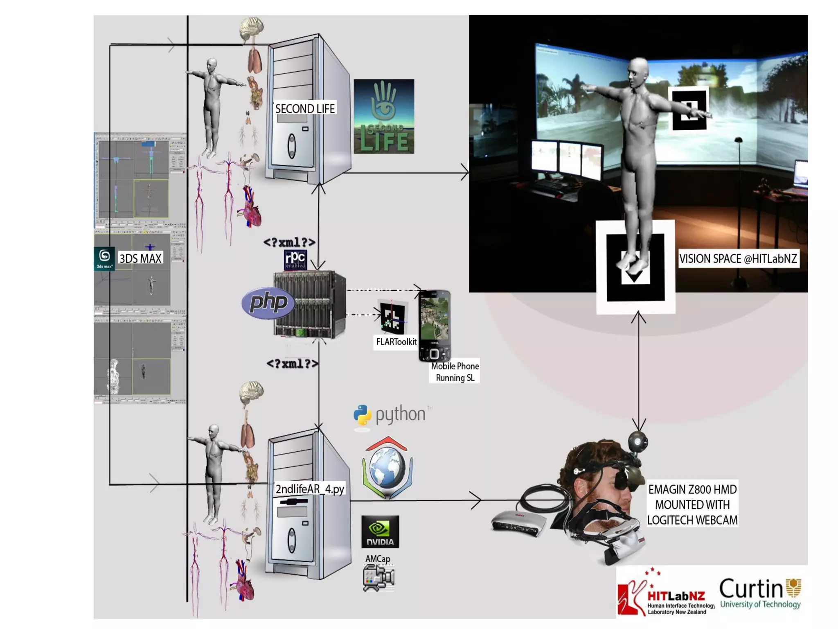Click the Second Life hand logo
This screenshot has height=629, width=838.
coord(383,116)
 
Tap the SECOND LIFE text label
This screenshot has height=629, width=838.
coord(305,109)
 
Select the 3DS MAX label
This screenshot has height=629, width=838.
coord(140,258)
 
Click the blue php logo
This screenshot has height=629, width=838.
coord(268,303)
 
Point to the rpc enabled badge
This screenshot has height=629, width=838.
coord(295,260)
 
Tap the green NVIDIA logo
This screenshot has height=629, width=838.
coord(380,532)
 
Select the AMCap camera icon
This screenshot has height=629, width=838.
coord(378,577)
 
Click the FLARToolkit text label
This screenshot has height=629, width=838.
coord(396,342)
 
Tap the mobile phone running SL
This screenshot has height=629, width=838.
coord(435,326)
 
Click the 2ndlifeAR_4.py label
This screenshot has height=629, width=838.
coord(310,489)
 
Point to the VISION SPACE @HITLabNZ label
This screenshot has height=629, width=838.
coord(738,259)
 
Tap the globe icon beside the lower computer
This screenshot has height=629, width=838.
coord(387,468)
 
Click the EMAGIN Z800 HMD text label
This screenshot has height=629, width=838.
coord(692,505)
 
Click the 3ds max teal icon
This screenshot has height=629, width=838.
coord(104,259)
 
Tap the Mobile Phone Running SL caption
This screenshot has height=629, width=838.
coord(455,372)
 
